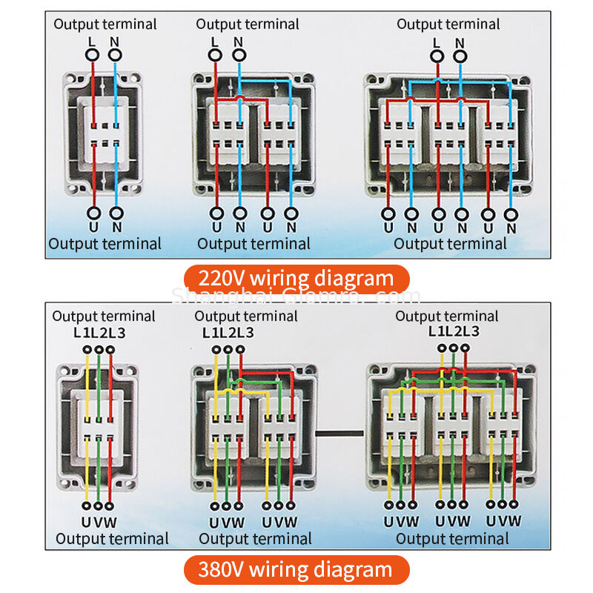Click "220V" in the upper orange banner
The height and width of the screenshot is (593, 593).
point(220,279)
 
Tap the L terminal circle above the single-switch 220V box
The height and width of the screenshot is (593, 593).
point(93,54)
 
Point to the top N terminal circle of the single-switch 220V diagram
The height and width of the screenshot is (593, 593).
point(115,54)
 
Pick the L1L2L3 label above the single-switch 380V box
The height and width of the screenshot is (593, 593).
point(99,332)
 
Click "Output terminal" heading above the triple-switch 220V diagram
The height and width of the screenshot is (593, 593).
point(448,24)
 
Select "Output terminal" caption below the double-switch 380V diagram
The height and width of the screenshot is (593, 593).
point(255,539)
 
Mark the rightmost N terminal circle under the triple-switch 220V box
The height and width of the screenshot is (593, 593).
point(510,215)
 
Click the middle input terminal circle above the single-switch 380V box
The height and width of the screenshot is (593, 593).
point(99,349)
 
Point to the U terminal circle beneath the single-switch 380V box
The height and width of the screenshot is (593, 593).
point(87,508)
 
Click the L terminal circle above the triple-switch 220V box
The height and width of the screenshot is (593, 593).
point(437,54)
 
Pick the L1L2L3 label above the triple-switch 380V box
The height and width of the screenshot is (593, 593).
point(454,331)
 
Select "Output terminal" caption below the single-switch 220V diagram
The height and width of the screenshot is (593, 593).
point(105,243)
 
